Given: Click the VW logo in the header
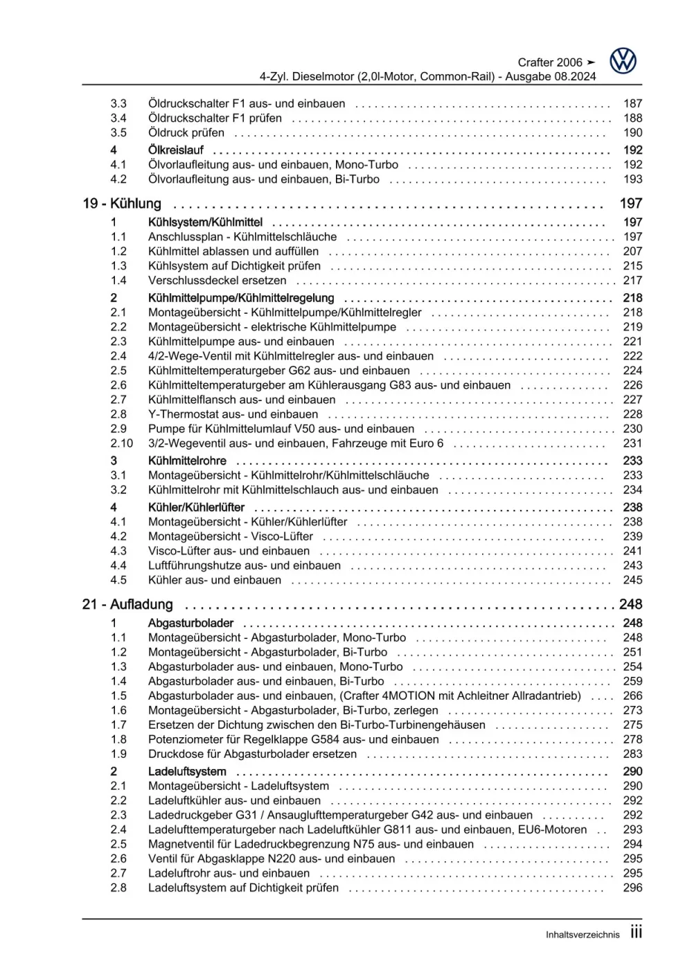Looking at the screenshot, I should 623,61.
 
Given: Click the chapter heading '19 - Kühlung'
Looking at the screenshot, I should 122,204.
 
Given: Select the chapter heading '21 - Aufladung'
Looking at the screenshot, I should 127,605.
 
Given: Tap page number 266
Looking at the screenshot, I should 632,696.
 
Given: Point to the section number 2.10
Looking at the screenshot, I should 121,443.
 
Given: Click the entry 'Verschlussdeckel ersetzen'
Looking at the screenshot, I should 217,281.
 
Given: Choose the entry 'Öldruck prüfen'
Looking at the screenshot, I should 186,133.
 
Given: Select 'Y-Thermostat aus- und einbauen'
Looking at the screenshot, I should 233,414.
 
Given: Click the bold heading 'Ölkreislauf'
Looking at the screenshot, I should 176,150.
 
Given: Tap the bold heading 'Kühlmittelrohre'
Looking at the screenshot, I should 187,461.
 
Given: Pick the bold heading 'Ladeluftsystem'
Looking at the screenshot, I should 187,772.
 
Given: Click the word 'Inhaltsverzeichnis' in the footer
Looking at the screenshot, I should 583,935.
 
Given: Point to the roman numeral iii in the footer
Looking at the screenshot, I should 636,933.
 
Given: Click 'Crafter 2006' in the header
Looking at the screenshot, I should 550,62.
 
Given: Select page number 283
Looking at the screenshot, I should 632,755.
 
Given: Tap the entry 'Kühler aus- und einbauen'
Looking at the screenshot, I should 215,581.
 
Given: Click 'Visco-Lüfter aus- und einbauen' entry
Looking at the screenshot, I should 229,552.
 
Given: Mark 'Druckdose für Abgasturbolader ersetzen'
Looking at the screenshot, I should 252,755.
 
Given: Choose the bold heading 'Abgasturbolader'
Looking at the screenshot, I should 190,624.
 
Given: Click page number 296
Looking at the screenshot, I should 632,888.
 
